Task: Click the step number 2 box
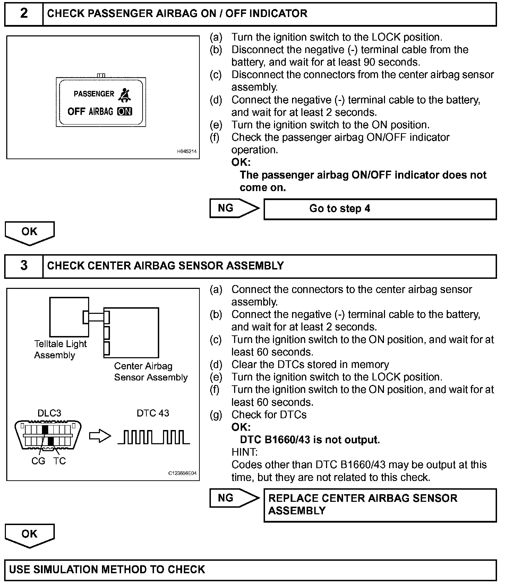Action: (24, 14)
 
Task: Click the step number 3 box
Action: (24, 266)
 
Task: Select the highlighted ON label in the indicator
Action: (125, 112)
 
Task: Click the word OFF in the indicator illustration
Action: (76, 112)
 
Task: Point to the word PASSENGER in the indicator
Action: (94, 94)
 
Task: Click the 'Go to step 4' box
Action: (380, 209)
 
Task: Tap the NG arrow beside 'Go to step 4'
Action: (234, 208)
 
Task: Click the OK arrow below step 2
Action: (29, 232)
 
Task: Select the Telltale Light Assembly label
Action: (60, 350)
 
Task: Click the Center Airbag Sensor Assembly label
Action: (151, 372)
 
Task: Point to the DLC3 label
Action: (49, 413)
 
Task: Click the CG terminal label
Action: (38, 461)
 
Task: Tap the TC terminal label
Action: (60, 461)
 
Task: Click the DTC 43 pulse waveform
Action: (154, 437)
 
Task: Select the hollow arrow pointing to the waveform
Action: (100, 437)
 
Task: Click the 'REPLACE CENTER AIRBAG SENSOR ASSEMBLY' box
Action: (380, 505)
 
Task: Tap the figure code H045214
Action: (187, 152)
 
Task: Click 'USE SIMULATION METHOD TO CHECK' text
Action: (107, 570)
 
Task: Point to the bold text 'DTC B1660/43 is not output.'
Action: (310, 440)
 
